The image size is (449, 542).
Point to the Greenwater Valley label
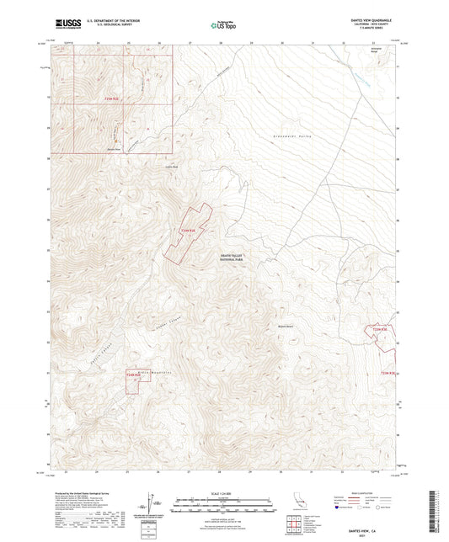pyautogui.click(x=280, y=135)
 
